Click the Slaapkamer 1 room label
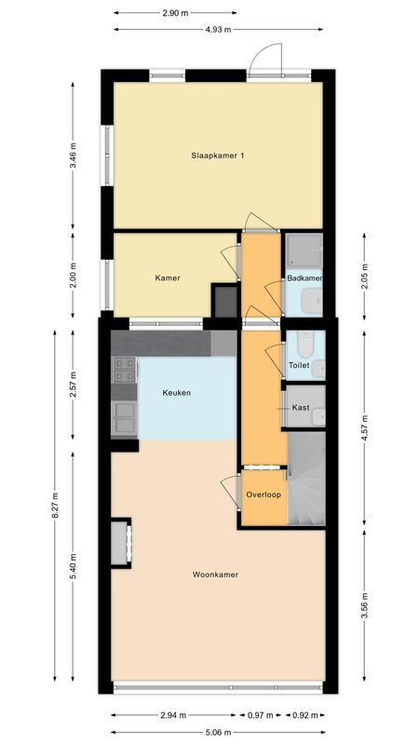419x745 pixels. click(218, 155)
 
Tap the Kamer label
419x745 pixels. click(168, 278)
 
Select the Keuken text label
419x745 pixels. click(177, 393)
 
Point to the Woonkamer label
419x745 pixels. click(215, 575)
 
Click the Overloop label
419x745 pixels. click(264, 494)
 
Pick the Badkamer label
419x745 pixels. click(304, 278)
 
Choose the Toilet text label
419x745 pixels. click(299, 366)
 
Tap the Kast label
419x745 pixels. click(301, 408)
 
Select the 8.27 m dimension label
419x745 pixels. click(55, 510)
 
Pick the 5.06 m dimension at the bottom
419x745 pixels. click(219, 730)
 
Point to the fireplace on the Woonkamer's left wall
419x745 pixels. click(120, 544)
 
